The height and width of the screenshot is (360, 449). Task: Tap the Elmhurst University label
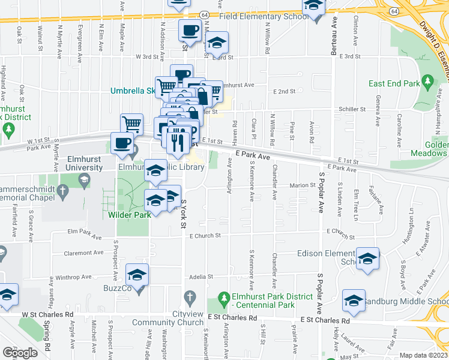coord(84,163)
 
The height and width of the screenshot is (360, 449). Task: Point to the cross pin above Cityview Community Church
coord(190,297)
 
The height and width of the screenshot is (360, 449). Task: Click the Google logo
coord(20,353)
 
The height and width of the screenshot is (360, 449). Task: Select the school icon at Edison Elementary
coord(367,259)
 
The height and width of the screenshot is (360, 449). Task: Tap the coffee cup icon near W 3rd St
coord(190,30)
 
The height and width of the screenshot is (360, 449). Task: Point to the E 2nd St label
coord(285,92)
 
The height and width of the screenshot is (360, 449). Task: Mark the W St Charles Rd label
coord(47,314)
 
